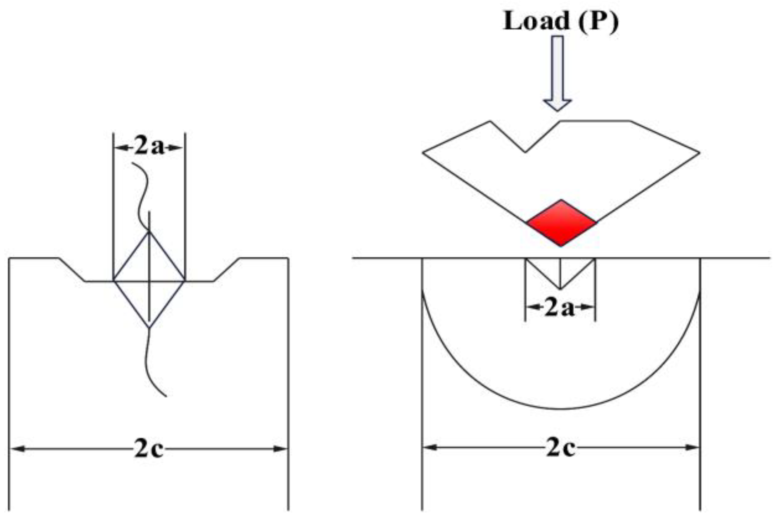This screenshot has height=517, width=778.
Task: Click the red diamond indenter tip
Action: pos(561,223)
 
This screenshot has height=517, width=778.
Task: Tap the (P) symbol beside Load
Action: pos(598,21)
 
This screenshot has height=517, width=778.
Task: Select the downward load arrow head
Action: pos(557,105)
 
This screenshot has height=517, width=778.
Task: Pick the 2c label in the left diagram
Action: pos(148,449)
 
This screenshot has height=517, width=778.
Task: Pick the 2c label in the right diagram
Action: pos(560,448)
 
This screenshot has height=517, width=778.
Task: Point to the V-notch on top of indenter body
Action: pos(525,151)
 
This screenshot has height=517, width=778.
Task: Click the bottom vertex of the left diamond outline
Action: pos(149,328)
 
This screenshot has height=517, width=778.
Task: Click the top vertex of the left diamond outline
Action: pos(149,233)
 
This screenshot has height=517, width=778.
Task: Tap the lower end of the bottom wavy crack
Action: pos(166,396)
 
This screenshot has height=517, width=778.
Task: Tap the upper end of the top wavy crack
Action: pos(133,164)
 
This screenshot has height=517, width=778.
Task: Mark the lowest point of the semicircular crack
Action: pos(561,409)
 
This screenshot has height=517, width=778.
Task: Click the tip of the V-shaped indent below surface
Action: pos(560,288)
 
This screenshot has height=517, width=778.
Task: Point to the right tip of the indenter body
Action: pos(699,153)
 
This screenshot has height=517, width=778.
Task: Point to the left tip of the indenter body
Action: pos(423,153)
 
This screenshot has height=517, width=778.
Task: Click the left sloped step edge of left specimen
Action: pos(72,270)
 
